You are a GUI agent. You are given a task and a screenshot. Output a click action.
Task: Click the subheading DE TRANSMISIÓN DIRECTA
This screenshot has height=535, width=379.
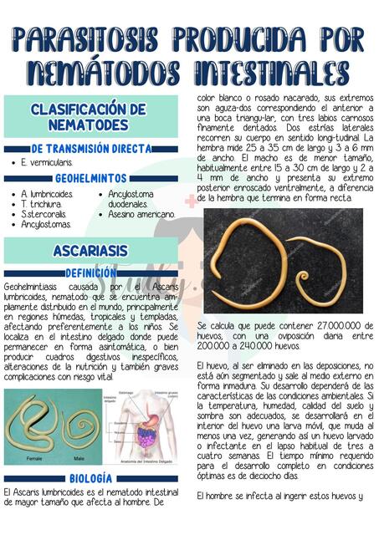(x=92, y=149)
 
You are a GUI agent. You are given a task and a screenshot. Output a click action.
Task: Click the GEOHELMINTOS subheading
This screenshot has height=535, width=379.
(x=90, y=178)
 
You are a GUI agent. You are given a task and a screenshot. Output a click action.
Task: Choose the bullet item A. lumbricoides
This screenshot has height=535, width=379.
(x=47, y=194)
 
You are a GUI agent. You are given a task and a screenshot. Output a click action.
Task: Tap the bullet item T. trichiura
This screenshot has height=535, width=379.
(x=41, y=204)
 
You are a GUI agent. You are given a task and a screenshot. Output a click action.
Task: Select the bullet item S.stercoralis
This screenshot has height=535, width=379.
(x=45, y=214)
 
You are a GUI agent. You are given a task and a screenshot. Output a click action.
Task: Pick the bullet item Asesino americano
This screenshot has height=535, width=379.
(x=141, y=214)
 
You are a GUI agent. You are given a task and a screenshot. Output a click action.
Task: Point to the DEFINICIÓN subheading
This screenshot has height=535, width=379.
(x=90, y=273)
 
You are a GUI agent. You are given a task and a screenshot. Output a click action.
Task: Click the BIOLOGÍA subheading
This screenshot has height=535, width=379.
(x=91, y=477)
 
